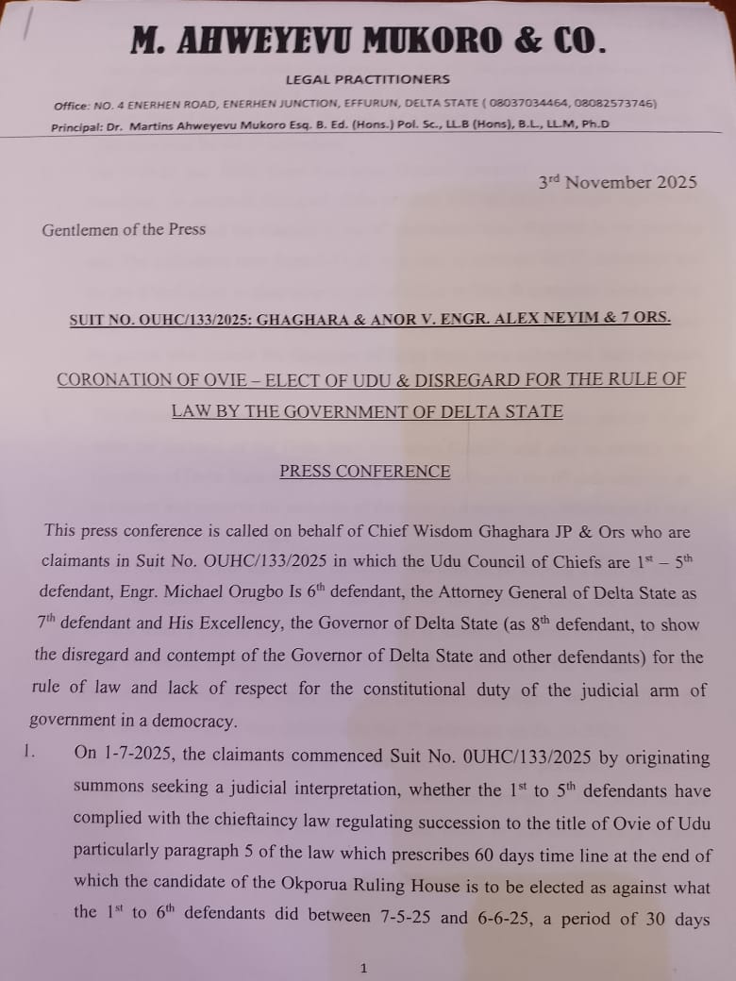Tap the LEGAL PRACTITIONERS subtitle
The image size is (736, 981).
click(368, 80)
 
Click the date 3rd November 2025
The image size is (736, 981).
click(618, 182)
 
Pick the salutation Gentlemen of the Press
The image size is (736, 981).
click(124, 229)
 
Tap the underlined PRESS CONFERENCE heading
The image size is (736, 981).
click(365, 472)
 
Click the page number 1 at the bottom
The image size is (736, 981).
click(364, 967)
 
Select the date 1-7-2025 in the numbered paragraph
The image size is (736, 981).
click(130, 757)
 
